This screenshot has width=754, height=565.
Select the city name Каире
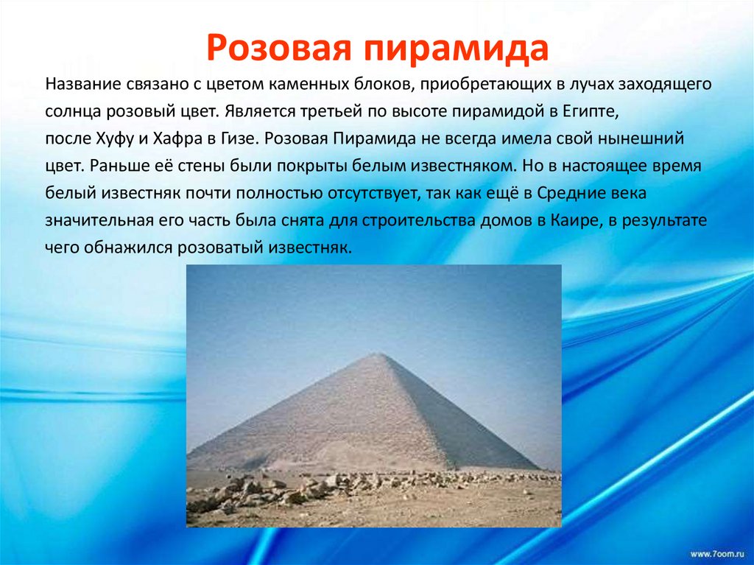pyautogui.click(x=570, y=221)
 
